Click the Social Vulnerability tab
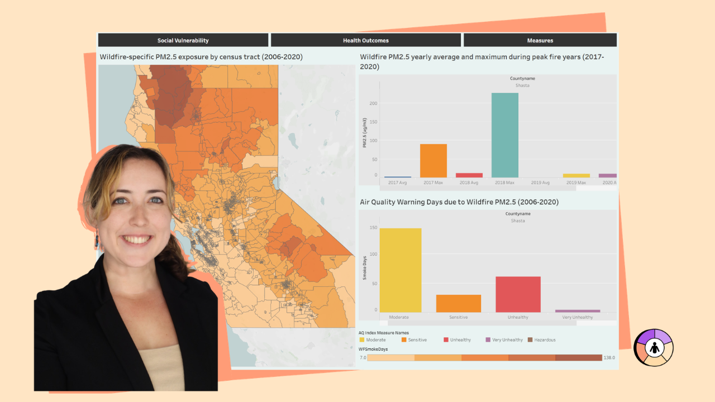pos(183,40)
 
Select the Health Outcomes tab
pos(365,40)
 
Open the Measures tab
pos(540,40)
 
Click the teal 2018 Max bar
pos(504,135)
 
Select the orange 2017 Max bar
pos(433,161)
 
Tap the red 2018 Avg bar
pos(469,175)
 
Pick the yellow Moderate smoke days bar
pos(400,270)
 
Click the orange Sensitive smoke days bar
pos(458,304)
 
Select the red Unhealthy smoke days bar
pos(518,294)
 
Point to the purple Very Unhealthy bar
pos(577,311)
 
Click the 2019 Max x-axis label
pos(576,183)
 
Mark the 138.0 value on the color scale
pos(609,357)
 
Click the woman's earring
pos(97,240)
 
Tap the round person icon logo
pos(654,347)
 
